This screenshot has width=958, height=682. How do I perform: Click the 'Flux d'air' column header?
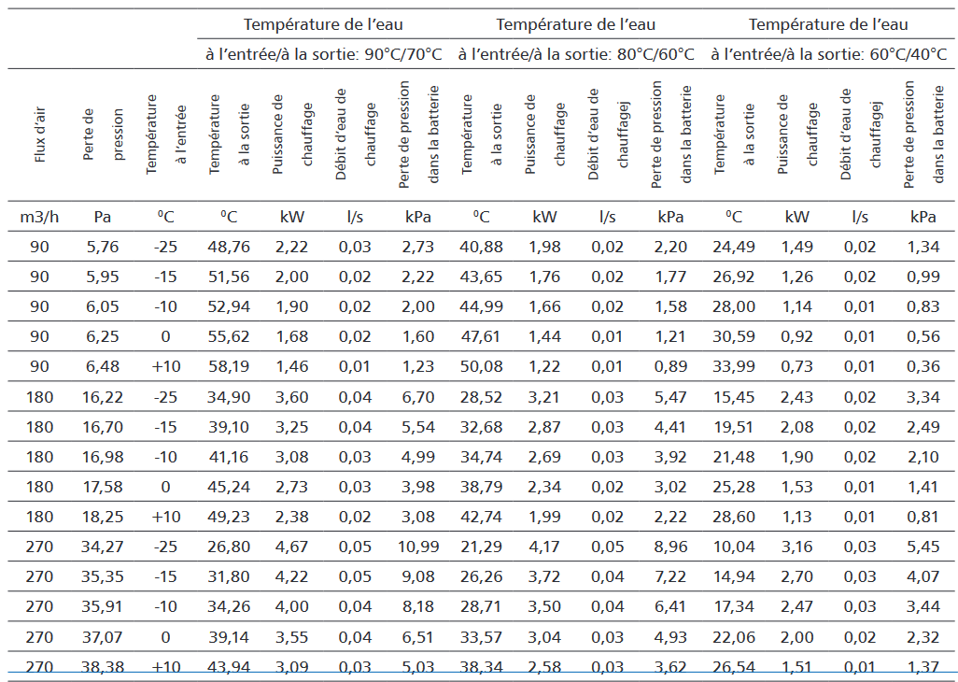tap(40, 135)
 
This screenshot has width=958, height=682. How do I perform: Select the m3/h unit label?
tap(40, 217)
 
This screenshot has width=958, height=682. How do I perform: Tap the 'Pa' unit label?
tap(103, 217)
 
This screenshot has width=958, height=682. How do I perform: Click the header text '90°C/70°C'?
tap(403, 54)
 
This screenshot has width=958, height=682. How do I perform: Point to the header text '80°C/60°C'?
tap(655, 54)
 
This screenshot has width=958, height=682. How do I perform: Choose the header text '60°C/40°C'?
tap(909, 54)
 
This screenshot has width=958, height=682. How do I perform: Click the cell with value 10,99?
tap(418, 547)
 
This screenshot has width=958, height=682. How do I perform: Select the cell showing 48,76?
tap(229, 247)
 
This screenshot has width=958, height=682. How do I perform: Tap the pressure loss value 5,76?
tap(103, 247)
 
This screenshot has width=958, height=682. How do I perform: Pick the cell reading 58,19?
tap(229, 366)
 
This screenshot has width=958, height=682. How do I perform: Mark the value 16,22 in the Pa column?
tap(103, 397)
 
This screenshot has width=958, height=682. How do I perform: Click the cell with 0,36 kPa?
tap(923, 366)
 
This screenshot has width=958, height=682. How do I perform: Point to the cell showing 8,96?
tap(670, 547)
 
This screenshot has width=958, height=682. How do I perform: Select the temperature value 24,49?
tap(734, 247)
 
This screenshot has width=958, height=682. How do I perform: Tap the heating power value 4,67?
tap(292, 547)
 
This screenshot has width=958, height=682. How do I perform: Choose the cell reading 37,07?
tap(103, 637)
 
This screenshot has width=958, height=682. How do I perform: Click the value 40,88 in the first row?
tap(482, 247)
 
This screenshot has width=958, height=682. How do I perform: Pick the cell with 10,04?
tap(734, 547)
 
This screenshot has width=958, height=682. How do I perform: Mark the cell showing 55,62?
tap(229, 336)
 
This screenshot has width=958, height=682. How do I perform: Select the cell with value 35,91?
tap(103, 607)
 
